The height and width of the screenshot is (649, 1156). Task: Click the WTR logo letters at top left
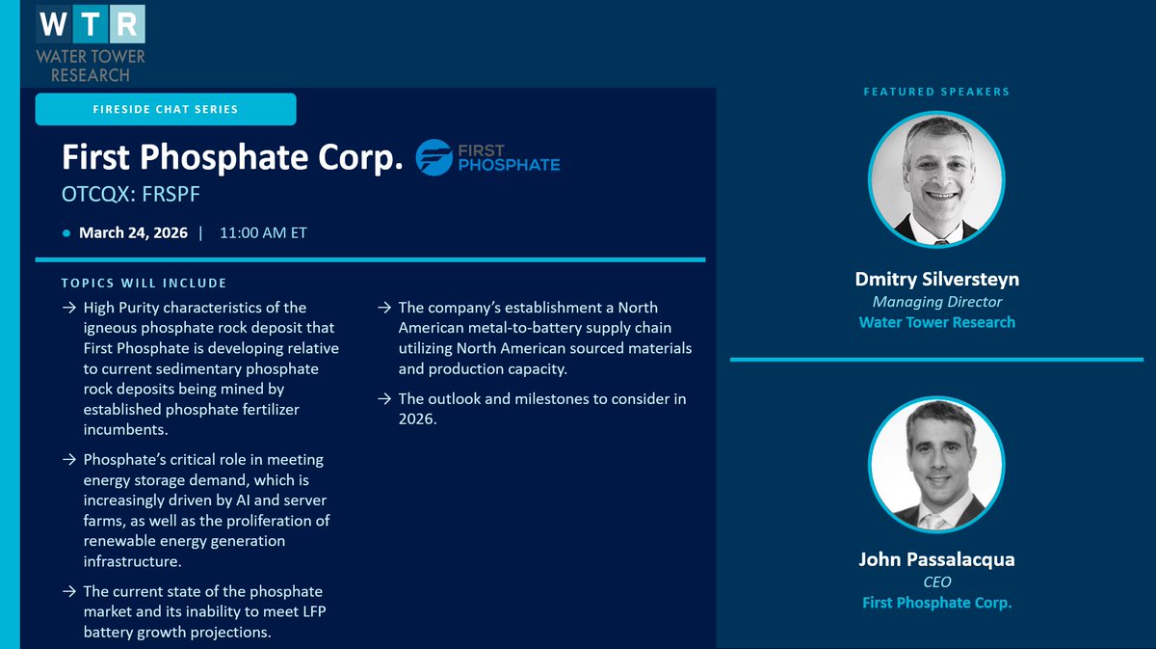click(91, 23)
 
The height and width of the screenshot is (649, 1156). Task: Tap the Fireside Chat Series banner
click(166, 109)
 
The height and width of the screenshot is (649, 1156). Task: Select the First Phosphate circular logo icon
click(433, 158)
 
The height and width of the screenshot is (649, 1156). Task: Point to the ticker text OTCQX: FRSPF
click(130, 195)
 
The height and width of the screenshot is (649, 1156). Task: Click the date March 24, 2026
click(133, 232)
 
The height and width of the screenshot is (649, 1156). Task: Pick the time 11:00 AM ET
click(263, 232)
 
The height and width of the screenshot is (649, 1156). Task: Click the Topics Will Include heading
click(144, 283)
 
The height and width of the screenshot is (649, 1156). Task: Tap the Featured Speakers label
click(936, 92)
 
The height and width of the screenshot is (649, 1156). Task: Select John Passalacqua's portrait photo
click(936, 465)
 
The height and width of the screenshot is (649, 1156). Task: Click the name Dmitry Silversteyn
click(936, 280)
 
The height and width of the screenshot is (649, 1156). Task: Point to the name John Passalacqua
click(936, 559)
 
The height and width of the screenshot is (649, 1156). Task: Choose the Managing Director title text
click(936, 302)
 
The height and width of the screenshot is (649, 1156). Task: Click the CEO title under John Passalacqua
click(936, 581)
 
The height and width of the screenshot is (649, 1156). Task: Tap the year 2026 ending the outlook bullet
click(417, 419)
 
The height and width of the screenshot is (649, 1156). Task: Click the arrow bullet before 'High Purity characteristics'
click(68, 308)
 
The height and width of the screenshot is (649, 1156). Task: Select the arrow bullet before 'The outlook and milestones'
click(382, 399)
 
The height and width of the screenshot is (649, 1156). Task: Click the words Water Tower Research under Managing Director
click(936, 322)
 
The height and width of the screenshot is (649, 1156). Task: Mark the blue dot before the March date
click(66, 233)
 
